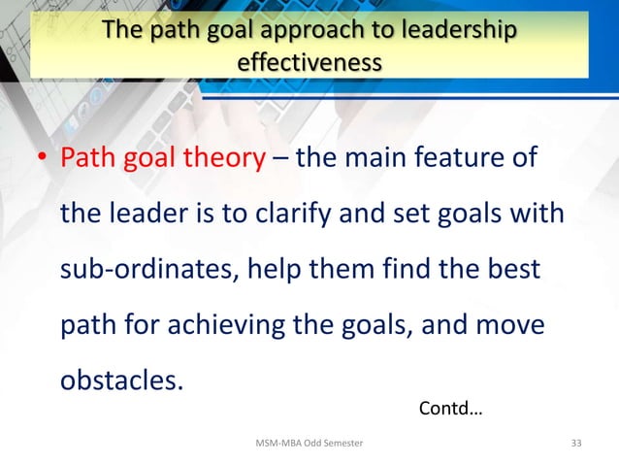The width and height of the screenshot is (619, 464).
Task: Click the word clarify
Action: tap(277, 212)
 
